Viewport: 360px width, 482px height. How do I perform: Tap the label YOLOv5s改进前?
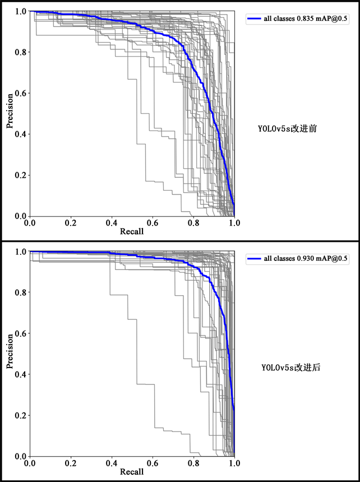(x=288, y=128)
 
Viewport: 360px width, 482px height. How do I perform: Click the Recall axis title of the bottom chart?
(x=132, y=472)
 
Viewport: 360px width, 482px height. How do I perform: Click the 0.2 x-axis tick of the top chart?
(x=71, y=223)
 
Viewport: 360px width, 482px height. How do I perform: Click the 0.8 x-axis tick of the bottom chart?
(x=193, y=463)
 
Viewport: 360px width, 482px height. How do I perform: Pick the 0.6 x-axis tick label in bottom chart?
(x=153, y=463)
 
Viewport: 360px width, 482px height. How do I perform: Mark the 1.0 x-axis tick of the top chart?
(x=234, y=223)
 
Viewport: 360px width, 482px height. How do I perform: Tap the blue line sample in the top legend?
(x=253, y=19)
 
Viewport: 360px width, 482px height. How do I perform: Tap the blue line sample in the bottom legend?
(x=253, y=260)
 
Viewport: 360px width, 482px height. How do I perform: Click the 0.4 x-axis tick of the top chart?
(x=112, y=223)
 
